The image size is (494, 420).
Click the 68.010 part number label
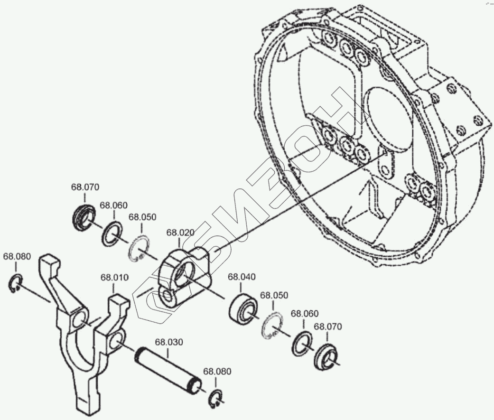click(113, 277)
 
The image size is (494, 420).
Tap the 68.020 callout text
click(180, 233)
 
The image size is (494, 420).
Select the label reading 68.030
click(169, 342)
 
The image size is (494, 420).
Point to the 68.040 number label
click(242, 277)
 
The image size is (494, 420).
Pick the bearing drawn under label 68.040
click(243, 306)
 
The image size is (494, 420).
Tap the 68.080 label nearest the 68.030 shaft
click(217, 371)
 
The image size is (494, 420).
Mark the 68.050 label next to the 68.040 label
click(274, 295)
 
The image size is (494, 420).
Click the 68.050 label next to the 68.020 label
click(142, 217)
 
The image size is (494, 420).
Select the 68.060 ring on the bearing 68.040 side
click(302, 343)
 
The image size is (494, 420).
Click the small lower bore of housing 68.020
click(168, 297)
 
